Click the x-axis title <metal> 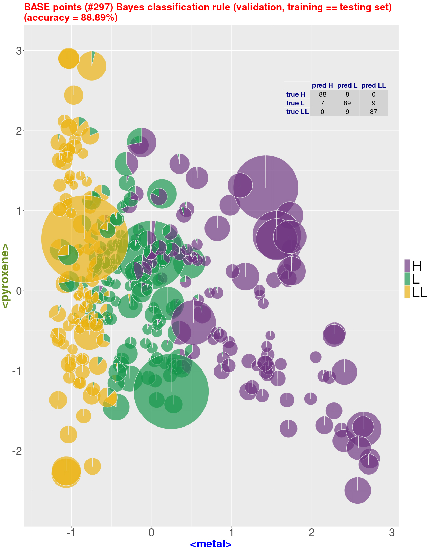click(211, 544)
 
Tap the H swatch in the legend click(407, 265)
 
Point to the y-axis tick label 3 click(19, 51)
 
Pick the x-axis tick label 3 click(392, 533)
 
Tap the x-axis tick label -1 click(71, 533)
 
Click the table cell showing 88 click(322, 94)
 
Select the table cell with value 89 click(347, 103)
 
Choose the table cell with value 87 click(373, 112)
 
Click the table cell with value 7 click(322, 103)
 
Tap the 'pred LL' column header click(373, 86)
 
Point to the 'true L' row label click(295, 103)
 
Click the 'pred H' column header click(322, 86)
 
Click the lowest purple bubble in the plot click(357, 490)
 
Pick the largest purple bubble click(265, 188)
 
